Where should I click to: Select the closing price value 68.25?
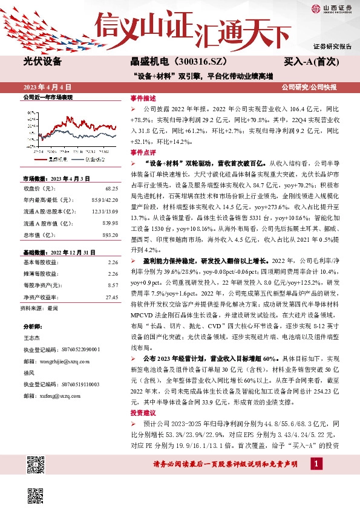click(x=111, y=188)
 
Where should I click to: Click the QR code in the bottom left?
click(x=36, y=467)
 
